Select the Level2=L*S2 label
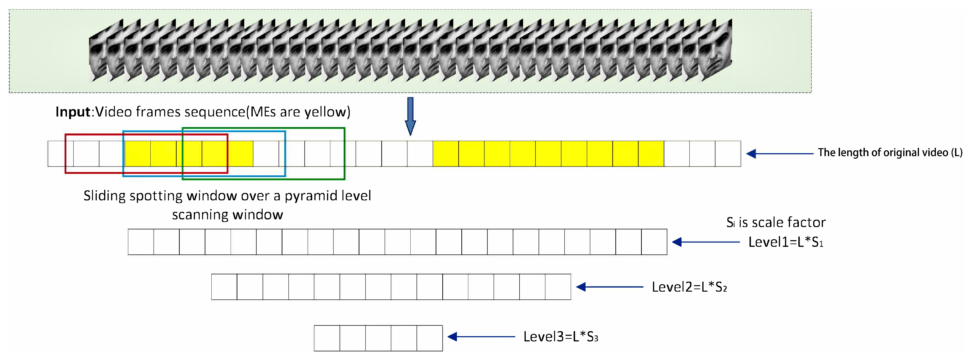[689, 287]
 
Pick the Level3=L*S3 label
[561, 337]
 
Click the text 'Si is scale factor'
[776, 222]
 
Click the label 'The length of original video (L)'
[890, 153]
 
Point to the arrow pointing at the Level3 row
[481, 337]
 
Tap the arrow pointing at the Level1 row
[706, 242]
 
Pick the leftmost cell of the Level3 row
[327, 338]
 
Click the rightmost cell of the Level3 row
[430, 338]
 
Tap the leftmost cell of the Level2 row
[224, 287]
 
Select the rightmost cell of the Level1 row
[654, 242]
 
